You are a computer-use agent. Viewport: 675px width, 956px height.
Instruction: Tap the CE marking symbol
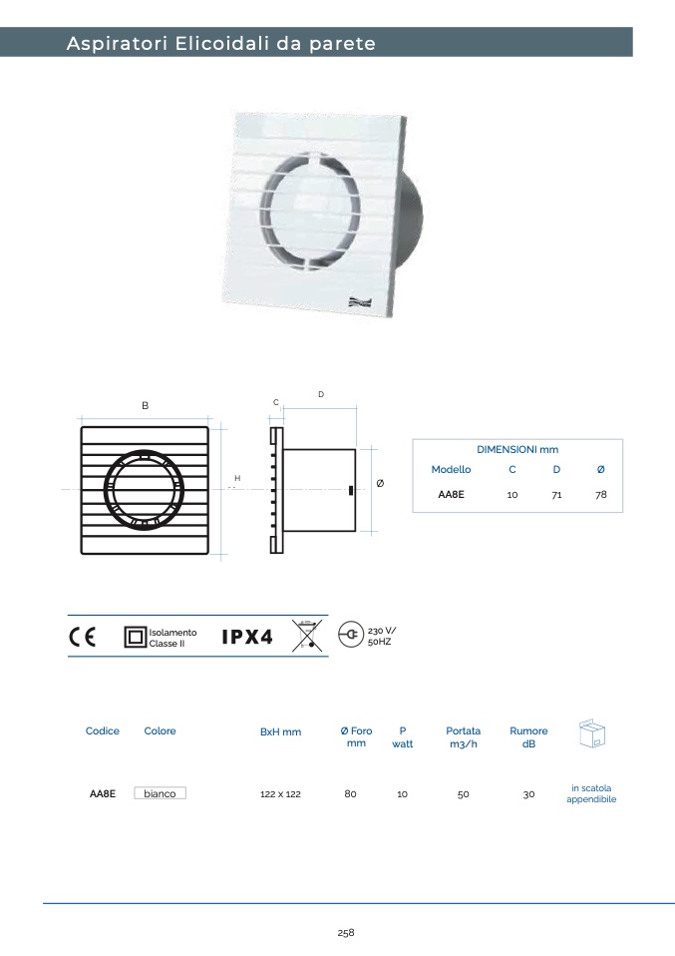tap(82, 637)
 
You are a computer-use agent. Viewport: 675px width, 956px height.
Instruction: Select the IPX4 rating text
tap(246, 637)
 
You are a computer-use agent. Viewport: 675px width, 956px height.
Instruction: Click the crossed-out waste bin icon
tap(307, 636)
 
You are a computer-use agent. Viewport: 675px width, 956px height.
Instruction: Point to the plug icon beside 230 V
tap(350, 635)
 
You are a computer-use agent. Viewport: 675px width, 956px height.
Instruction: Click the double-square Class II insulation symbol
tap(135, 637)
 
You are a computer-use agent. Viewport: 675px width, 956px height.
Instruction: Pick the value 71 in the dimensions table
tap(556, 494)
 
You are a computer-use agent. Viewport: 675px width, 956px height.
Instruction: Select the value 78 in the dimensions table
tap(600, 494)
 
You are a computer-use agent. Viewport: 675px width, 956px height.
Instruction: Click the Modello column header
tap(451, 469)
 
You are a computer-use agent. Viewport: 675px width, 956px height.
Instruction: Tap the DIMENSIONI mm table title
tap(517, 449)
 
